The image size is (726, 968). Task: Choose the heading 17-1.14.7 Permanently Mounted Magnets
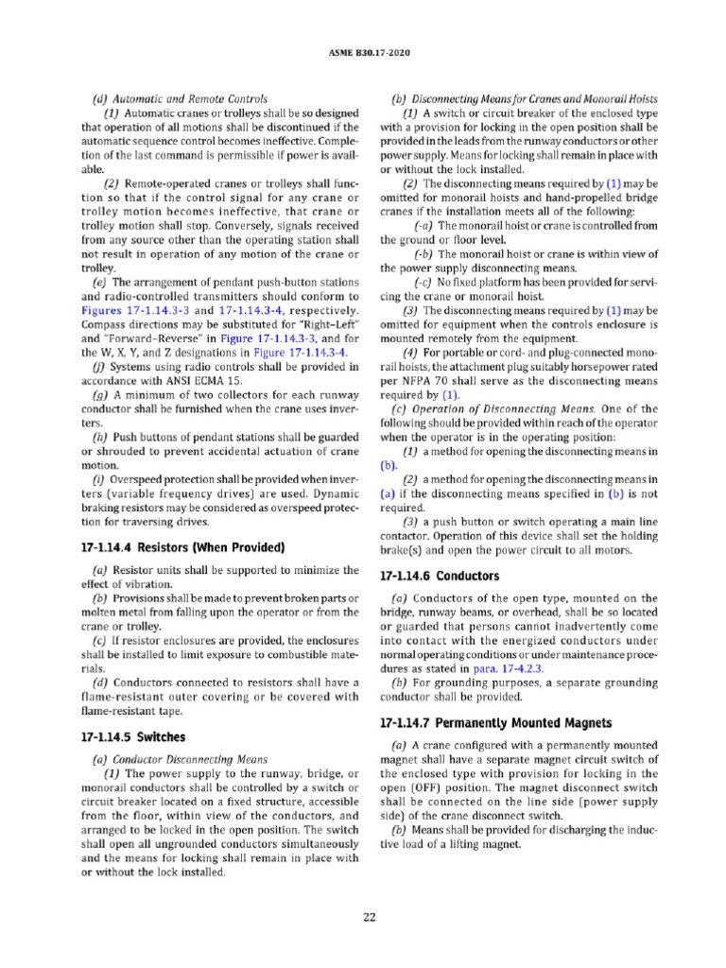click(495, 723)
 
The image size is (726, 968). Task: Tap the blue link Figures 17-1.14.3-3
click(135, 310)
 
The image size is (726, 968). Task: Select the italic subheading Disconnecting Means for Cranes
click(527, 98)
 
